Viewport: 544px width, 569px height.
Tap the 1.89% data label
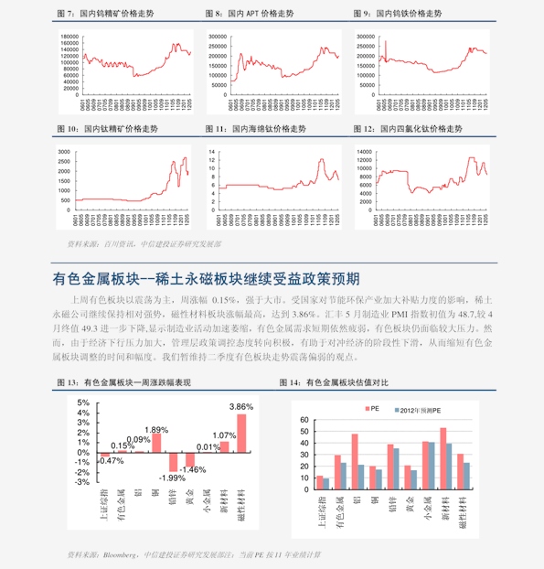coord(156,430)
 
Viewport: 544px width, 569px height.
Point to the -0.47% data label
coord(111,460)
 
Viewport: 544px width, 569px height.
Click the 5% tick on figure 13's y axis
coord(83,403)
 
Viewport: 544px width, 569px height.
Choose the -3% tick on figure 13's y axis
coord(82,481)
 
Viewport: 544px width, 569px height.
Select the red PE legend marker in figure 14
coord(366,411)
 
